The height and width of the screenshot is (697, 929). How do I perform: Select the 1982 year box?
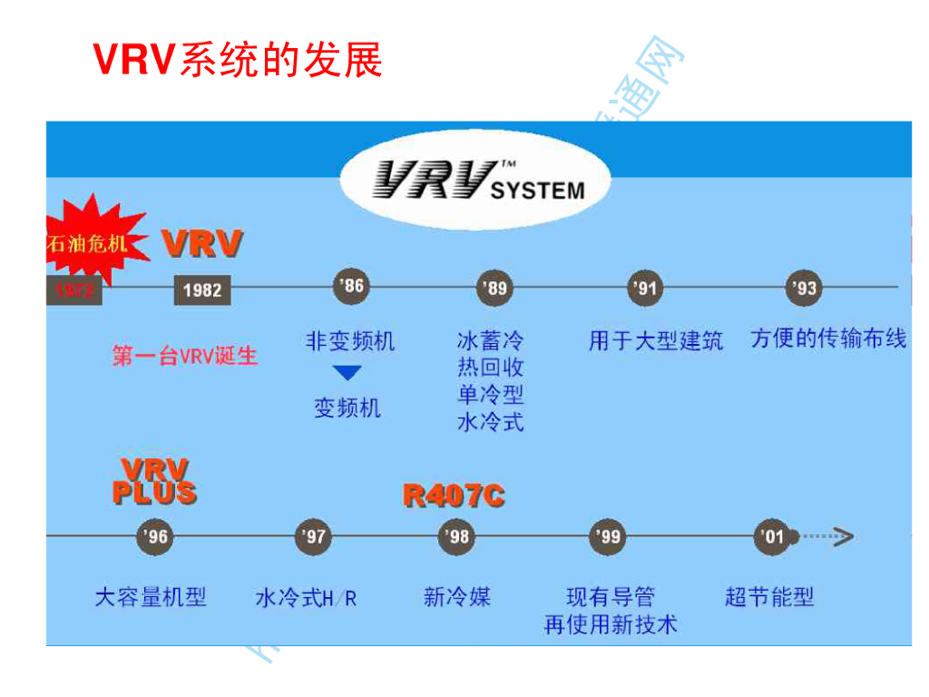click(202, 290)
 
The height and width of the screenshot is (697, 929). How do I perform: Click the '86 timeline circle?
click(350, 287)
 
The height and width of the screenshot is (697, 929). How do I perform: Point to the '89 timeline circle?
click(494, 289)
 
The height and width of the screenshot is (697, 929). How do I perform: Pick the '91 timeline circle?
click(645, 289)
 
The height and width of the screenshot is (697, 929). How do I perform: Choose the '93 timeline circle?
click(804, 289)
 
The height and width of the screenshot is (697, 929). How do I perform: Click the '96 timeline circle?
click(154, 536)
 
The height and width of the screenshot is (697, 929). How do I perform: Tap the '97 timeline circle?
click(313, 536)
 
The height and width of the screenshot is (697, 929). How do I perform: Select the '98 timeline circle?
click(456, 536)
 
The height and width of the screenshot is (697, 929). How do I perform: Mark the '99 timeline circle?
click(606, 536)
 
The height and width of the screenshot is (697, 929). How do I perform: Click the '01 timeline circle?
click(771, 536)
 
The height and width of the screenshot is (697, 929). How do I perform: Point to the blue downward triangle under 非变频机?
click(347, 373)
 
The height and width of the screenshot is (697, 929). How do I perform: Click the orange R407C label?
click(454, 496)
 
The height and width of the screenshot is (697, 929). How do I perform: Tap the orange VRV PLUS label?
click(154, 482)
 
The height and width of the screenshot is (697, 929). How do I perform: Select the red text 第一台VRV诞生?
click(185, 355)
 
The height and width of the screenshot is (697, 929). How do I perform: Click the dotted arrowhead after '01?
click(843, 536)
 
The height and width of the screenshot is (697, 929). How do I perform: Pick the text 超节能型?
click(769, 597)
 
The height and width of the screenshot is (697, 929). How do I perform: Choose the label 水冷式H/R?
click(306, 598)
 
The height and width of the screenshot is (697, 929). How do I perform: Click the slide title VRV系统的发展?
click(238, 60)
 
